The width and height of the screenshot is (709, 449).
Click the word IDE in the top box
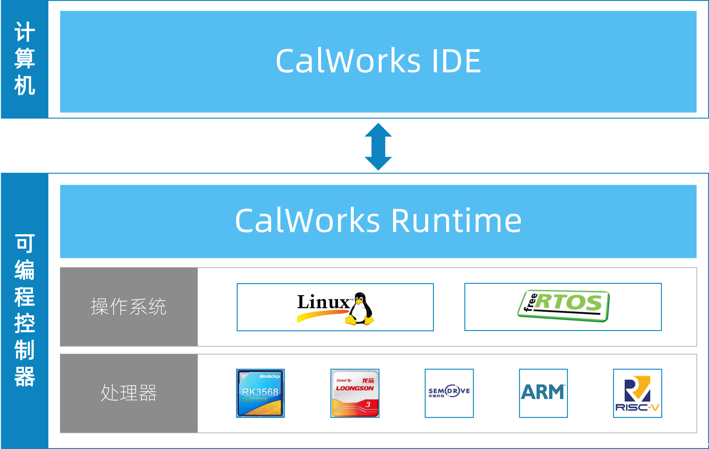456,61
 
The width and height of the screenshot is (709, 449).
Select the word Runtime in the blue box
456,221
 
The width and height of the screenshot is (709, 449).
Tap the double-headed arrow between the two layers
378,147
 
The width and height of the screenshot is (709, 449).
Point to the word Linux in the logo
323,302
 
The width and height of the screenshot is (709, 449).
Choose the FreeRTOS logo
563,307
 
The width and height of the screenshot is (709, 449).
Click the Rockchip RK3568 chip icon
260,393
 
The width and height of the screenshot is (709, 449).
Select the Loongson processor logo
355,393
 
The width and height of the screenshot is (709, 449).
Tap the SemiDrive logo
449,393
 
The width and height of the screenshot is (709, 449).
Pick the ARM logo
543,393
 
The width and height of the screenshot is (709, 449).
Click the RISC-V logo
637,393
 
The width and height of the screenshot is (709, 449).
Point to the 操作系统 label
128,307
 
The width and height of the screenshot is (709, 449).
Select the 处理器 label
128,393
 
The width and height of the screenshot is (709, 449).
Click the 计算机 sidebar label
24,59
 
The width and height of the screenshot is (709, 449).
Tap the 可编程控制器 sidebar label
24,310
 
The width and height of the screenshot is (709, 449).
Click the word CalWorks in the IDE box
348,61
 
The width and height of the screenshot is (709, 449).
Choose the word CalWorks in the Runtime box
307,221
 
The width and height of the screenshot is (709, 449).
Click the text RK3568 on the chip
260,392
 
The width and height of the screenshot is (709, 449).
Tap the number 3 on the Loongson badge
368,405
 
